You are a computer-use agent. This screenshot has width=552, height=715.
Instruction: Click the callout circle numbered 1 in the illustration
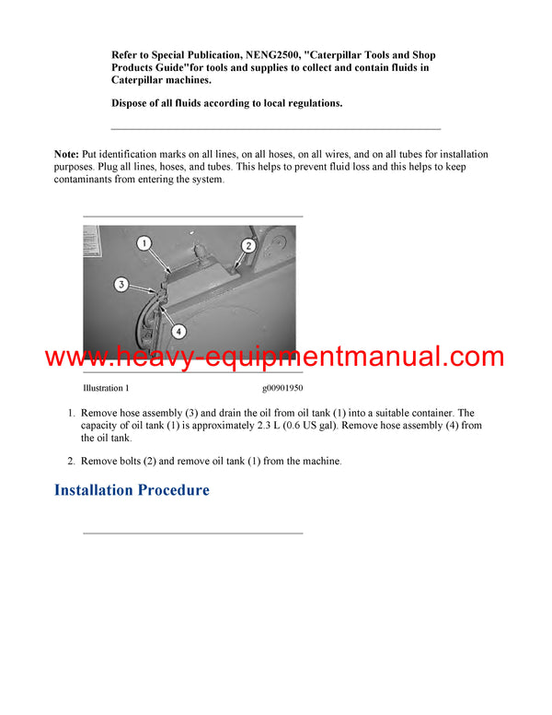[x=144, y=243]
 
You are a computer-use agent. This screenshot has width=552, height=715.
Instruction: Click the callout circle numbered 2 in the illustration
[x=248, y=245]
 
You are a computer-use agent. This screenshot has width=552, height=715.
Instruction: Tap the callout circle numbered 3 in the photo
[x=121, y=285]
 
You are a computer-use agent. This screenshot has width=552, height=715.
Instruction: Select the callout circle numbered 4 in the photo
[x=178, y=330]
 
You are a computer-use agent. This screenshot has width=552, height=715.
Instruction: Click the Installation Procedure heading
[x=132, y=490]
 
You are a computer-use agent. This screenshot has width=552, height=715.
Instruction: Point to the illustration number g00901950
[x=282, y=389]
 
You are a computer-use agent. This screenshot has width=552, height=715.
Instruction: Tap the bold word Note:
[x=66, y=154]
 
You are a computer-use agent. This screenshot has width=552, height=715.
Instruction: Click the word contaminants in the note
[x=84, y=180]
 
